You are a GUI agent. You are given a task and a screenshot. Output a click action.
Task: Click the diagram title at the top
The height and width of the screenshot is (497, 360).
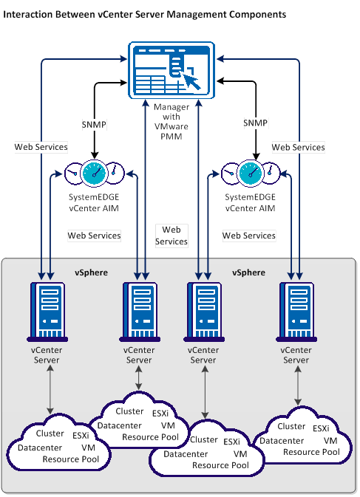(146, 14)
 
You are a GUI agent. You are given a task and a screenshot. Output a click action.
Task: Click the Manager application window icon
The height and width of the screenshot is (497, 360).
(171, 70)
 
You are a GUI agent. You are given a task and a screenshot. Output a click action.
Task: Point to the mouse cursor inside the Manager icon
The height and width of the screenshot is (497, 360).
(191, 79)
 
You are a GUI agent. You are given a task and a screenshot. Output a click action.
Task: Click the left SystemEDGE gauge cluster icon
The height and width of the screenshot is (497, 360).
(94, 174)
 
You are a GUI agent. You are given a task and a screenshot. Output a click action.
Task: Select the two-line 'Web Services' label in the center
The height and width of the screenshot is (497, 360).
(171, 236)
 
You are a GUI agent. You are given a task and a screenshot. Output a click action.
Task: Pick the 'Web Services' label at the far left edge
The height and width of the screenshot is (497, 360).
(41, 147)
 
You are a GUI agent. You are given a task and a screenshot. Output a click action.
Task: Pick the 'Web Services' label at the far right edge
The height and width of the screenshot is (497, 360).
(298, 147)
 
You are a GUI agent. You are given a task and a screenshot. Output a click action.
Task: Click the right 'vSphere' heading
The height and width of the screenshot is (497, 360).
(248, 273)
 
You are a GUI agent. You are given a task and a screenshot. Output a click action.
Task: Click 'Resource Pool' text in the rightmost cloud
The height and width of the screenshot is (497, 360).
(311, 451)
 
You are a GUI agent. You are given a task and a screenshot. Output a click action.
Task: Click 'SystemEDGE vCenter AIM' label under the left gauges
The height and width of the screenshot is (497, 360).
(94, 204)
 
